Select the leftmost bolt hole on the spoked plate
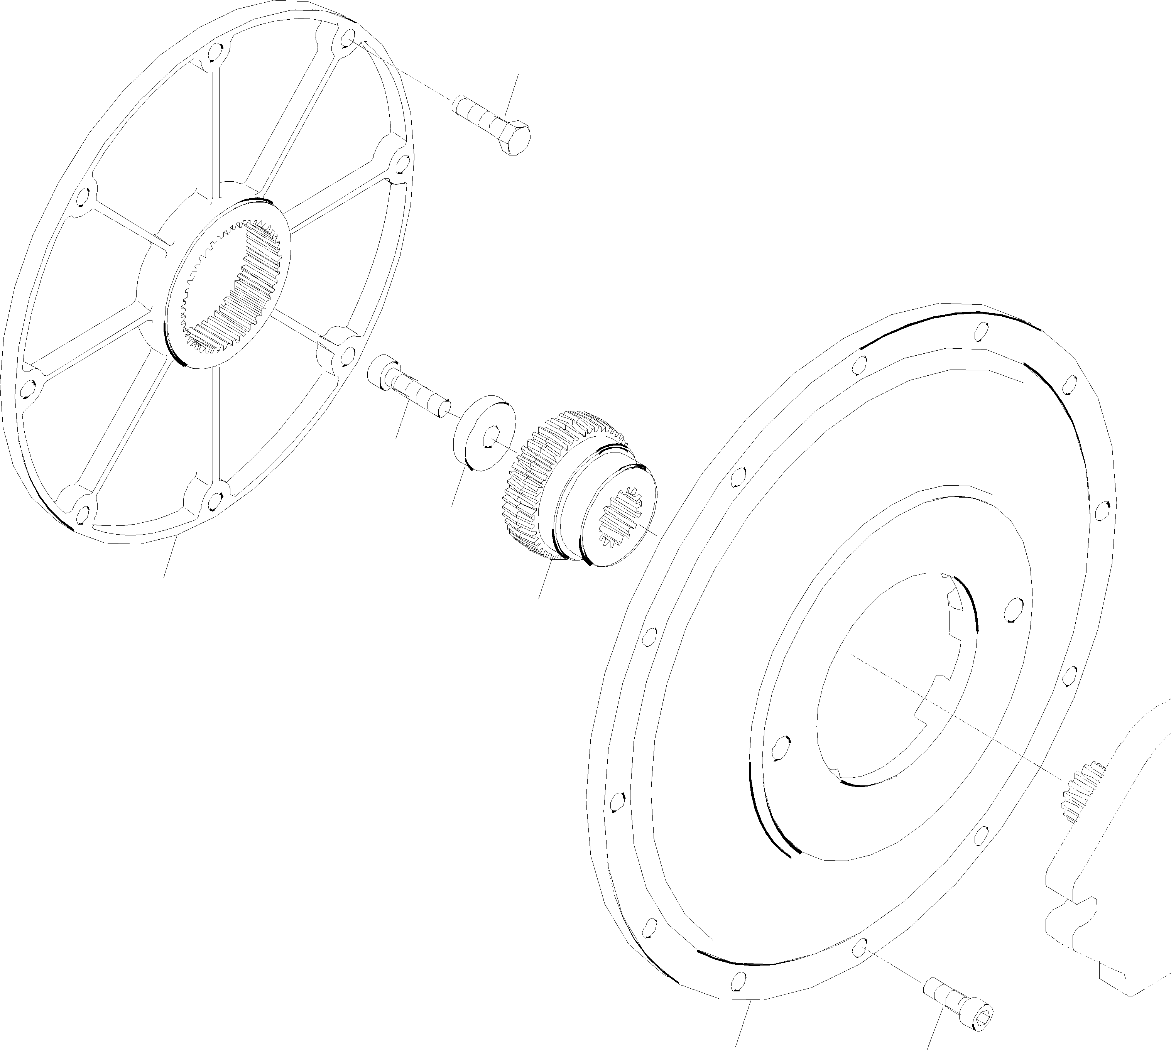(x=26, y=390)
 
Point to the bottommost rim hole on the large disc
(x=737, y=981)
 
